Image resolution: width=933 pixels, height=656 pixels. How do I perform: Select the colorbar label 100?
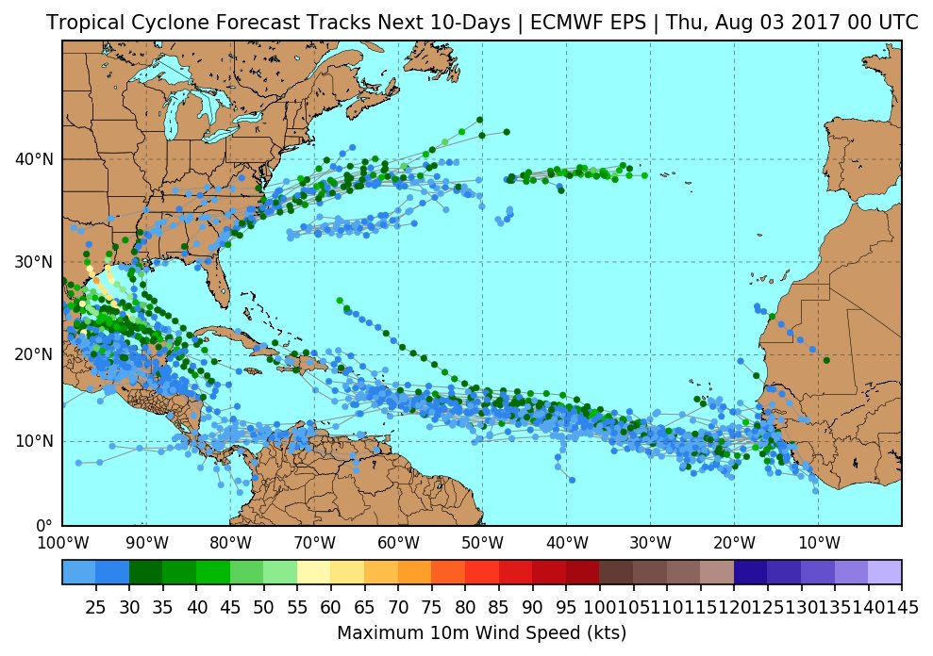(x=598, y=607)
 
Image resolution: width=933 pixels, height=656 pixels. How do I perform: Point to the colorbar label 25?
(x=95, y=607)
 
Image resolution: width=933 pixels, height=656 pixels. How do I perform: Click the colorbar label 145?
(x=901, y=607)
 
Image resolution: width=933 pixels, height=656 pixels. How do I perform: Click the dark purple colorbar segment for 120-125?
(x=750, y=572)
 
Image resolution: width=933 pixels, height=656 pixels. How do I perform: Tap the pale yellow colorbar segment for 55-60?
(x=313, y=572)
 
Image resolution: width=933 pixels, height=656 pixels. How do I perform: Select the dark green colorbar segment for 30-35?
(x=145, y=572)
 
